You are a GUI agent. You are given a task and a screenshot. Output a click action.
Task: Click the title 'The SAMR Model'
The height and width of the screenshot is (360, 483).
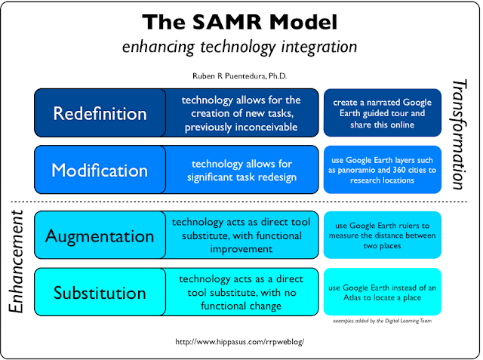pyautogui.click(x=240, y=21)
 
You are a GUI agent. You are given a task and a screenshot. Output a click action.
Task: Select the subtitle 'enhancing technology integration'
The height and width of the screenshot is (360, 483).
pyautogui.click(x=240, y=47)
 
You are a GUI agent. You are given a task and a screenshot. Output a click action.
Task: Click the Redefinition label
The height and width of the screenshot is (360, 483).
pyautogui.click(x=100, y=113)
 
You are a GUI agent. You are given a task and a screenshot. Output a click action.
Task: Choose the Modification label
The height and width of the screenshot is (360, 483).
pyautogui.click(x=100, y=170)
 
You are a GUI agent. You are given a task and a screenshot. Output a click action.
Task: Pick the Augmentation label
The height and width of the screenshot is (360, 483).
pyautogui.click(x=100, y=235)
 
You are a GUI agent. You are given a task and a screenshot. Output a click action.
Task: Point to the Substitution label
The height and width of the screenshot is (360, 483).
pyautogui.click(x=100, y=292)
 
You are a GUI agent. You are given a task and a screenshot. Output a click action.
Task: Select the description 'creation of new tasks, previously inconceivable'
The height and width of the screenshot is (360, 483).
pyautogui.click(x=240, y=113)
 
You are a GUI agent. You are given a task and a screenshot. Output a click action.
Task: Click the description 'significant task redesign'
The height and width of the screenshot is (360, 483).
pyautogui.click(x=240, y=170)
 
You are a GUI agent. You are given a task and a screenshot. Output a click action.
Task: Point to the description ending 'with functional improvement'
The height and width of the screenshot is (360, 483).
pyautogui.click(x=240, y=235)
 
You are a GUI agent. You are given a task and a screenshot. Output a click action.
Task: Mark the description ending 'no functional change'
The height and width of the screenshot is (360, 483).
pyautogui.click(x=240, y=292)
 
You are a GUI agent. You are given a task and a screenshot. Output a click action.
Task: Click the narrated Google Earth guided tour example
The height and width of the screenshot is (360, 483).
pyautogui.click(x=382, y=113)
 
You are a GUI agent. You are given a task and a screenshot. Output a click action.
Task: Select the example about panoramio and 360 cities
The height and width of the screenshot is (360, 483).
pyautogui.click(x=382, y=170)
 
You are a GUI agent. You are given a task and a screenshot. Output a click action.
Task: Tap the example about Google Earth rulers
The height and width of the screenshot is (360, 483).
pyautogui.click(x=382, y=235)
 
